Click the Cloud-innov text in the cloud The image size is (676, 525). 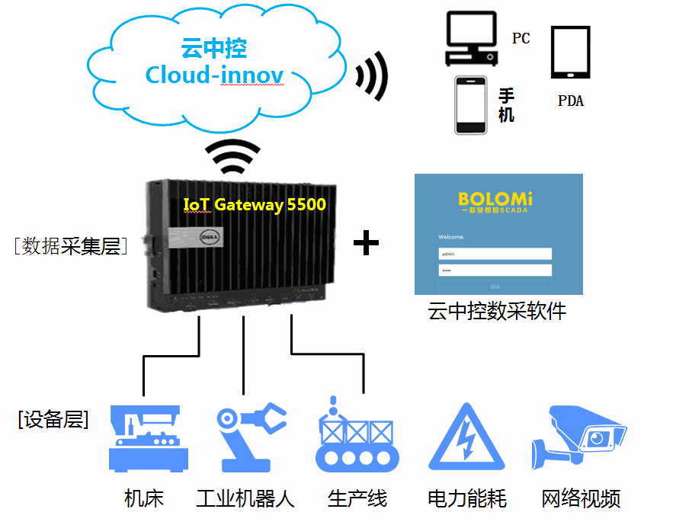(x=214, y=75)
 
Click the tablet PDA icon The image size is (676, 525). (x=570, y=53)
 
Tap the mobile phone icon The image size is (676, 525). (x=470, y=105)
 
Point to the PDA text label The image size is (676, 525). (x=570, y=101)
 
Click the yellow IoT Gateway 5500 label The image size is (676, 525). (x=255, y=205)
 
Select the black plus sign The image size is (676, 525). (x=367, y=243)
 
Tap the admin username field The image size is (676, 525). (x=495, y=254)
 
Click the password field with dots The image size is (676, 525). (x=495, y=270)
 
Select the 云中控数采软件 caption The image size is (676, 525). (x=498, y=312)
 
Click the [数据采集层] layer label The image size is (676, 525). (x=70, y=245)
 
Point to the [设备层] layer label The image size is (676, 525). (x=53, y=419)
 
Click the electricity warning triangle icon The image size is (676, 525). (x=466, y=439)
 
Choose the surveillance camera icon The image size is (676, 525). (x=579, y=437)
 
